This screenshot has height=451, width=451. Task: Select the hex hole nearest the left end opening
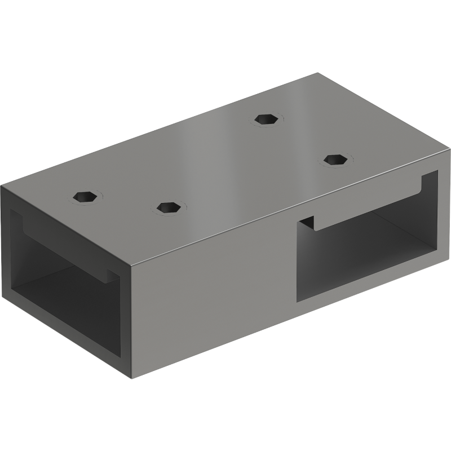click(x=85, y=197)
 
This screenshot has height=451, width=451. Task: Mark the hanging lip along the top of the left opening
click(x=62, y=248)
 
